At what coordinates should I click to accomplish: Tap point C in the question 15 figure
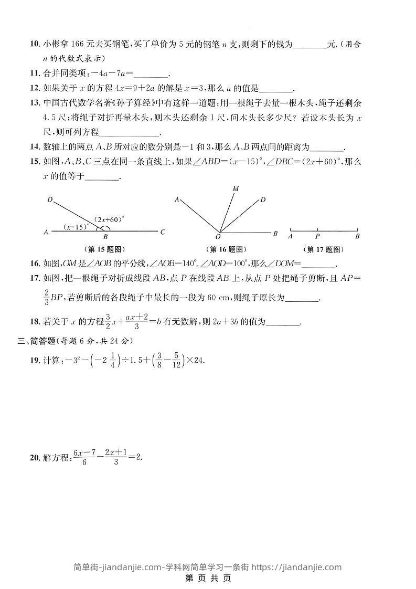point(163,232)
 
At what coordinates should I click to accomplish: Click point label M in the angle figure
point(236,188)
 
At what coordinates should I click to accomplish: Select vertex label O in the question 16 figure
point(218,237)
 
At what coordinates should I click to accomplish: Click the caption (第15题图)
point(105,249)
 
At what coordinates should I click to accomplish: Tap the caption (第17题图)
point(324,249)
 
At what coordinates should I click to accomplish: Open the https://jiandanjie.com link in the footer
point(296,566)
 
